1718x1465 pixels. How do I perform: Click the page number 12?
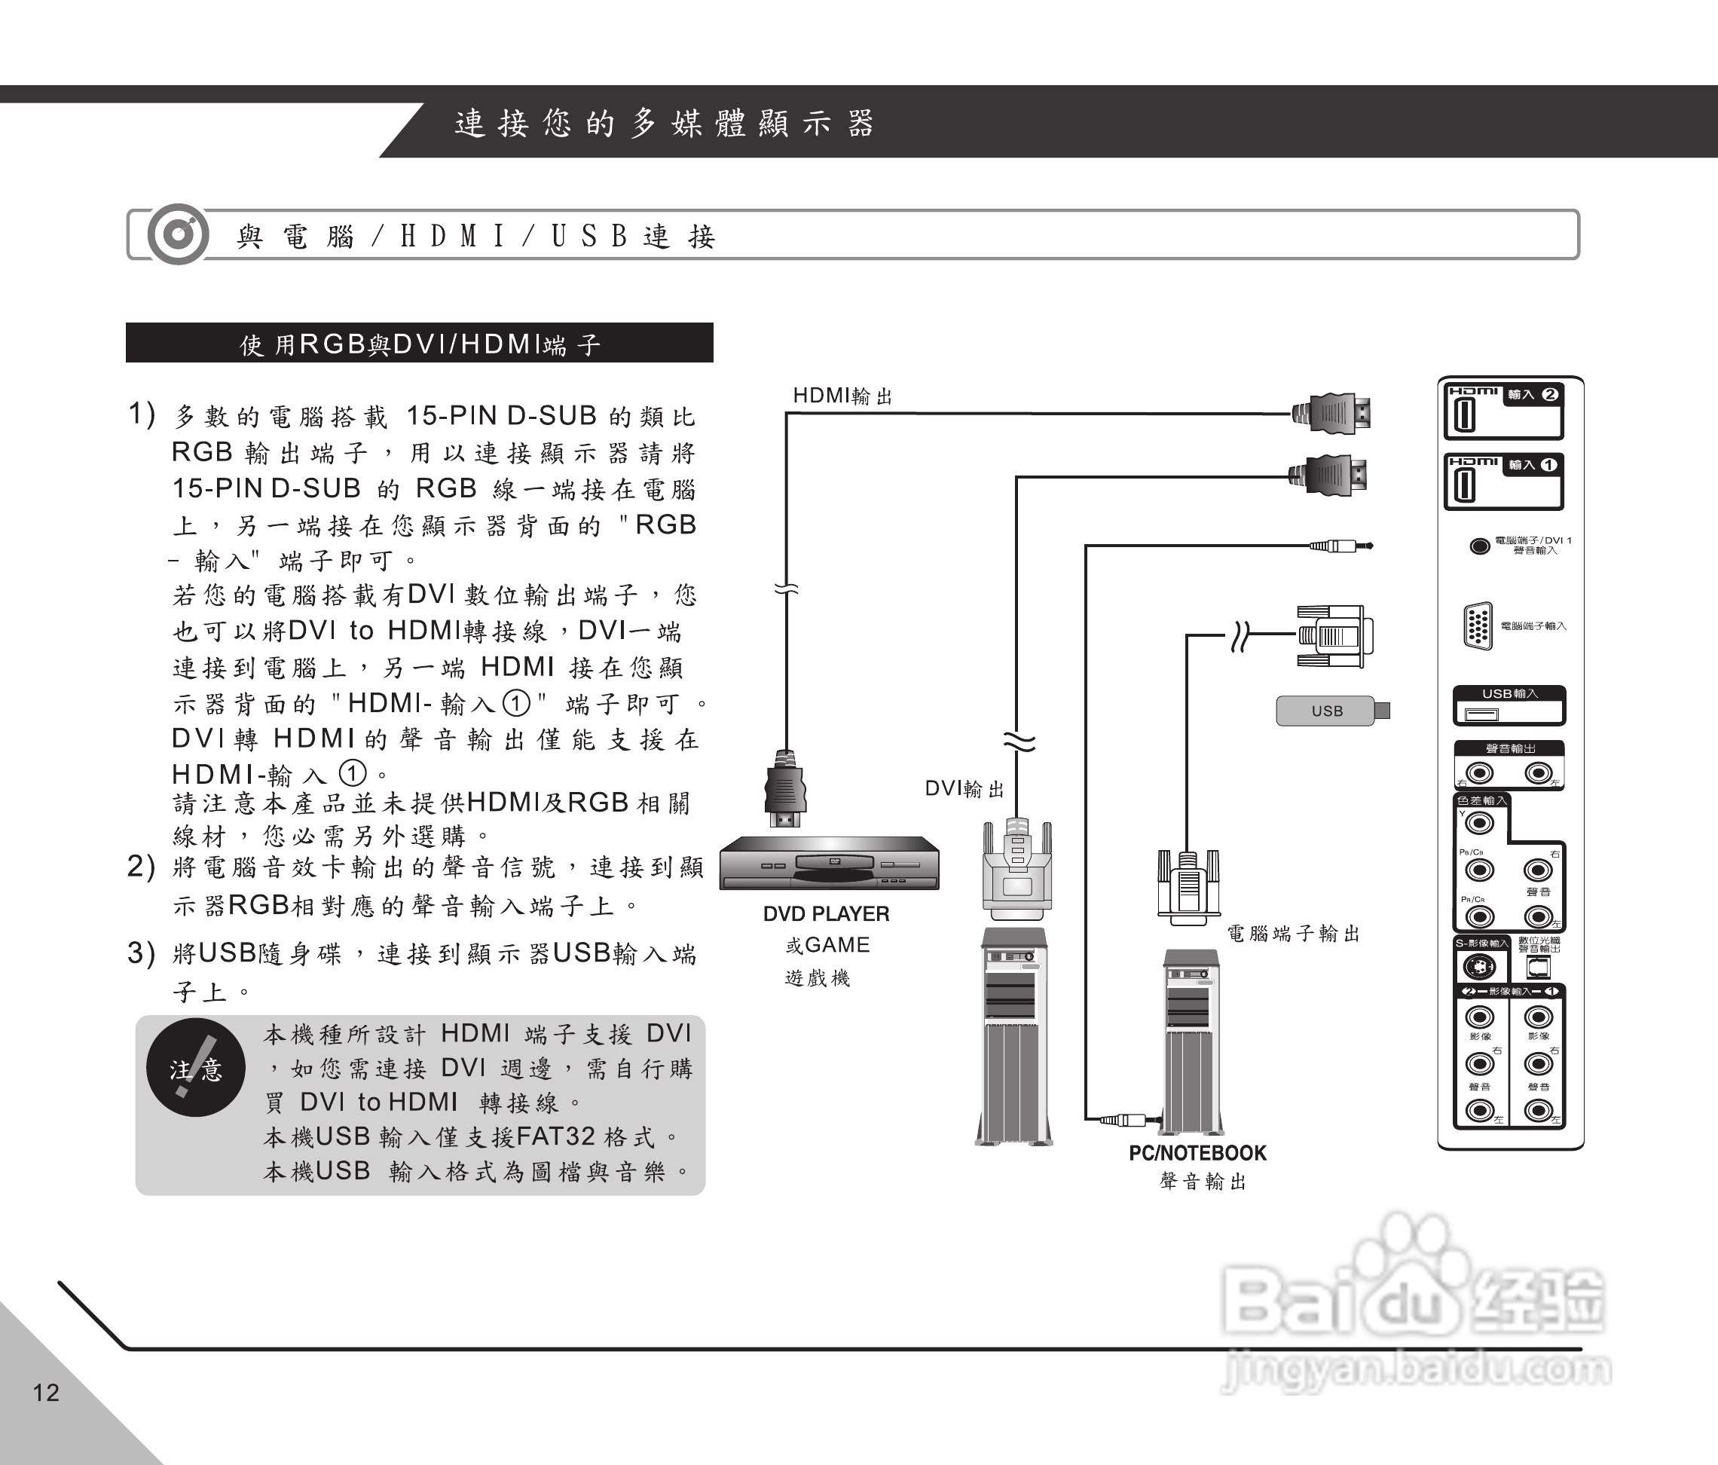click(x=46, y=1392)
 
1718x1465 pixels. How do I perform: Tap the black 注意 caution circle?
click(x=196, y=1069)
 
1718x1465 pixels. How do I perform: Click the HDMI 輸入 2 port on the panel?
click(x=1464, y=415)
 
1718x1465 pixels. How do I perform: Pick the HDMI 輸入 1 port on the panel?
click(x=1464, y=486)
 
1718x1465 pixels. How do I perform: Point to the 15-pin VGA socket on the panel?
click(x=1478, y=625)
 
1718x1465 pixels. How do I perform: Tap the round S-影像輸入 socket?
click(x=1478, y=967)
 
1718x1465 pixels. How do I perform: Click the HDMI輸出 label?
click(x=842, y=396)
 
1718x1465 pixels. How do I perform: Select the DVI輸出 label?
click(x=964, y=788)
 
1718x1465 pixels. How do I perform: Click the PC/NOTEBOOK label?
click(x=1197, y=1153)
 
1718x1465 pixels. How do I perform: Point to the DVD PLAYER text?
click(x=826, y=913)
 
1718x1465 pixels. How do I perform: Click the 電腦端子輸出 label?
click(x=1293, y=934)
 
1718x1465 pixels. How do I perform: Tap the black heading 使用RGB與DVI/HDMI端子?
click(x=419, y=343)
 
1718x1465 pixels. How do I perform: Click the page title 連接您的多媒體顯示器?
click(x=664, y=124)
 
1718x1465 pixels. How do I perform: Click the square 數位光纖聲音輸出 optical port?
click(x=1538, y=967)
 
